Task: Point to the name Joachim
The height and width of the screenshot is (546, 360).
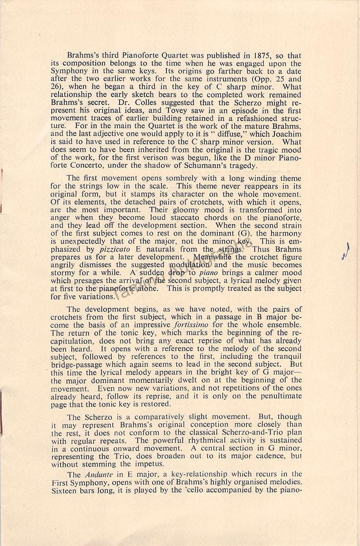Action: tap(282, 134)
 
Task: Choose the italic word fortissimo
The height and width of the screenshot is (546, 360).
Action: tap(192, 325)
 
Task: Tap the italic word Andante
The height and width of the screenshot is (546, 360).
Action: tap(95, 474)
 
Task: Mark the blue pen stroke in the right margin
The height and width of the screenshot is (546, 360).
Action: tap(346, 251)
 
